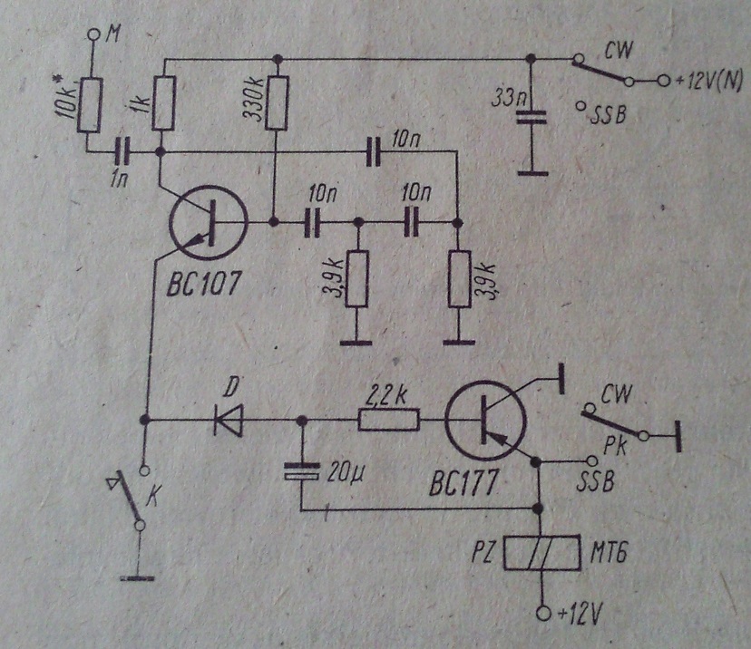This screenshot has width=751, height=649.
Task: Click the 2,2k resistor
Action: (388, 421)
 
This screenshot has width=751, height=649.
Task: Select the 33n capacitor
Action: (531, 117)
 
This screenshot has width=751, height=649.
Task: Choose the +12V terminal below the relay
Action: (541, 614)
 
